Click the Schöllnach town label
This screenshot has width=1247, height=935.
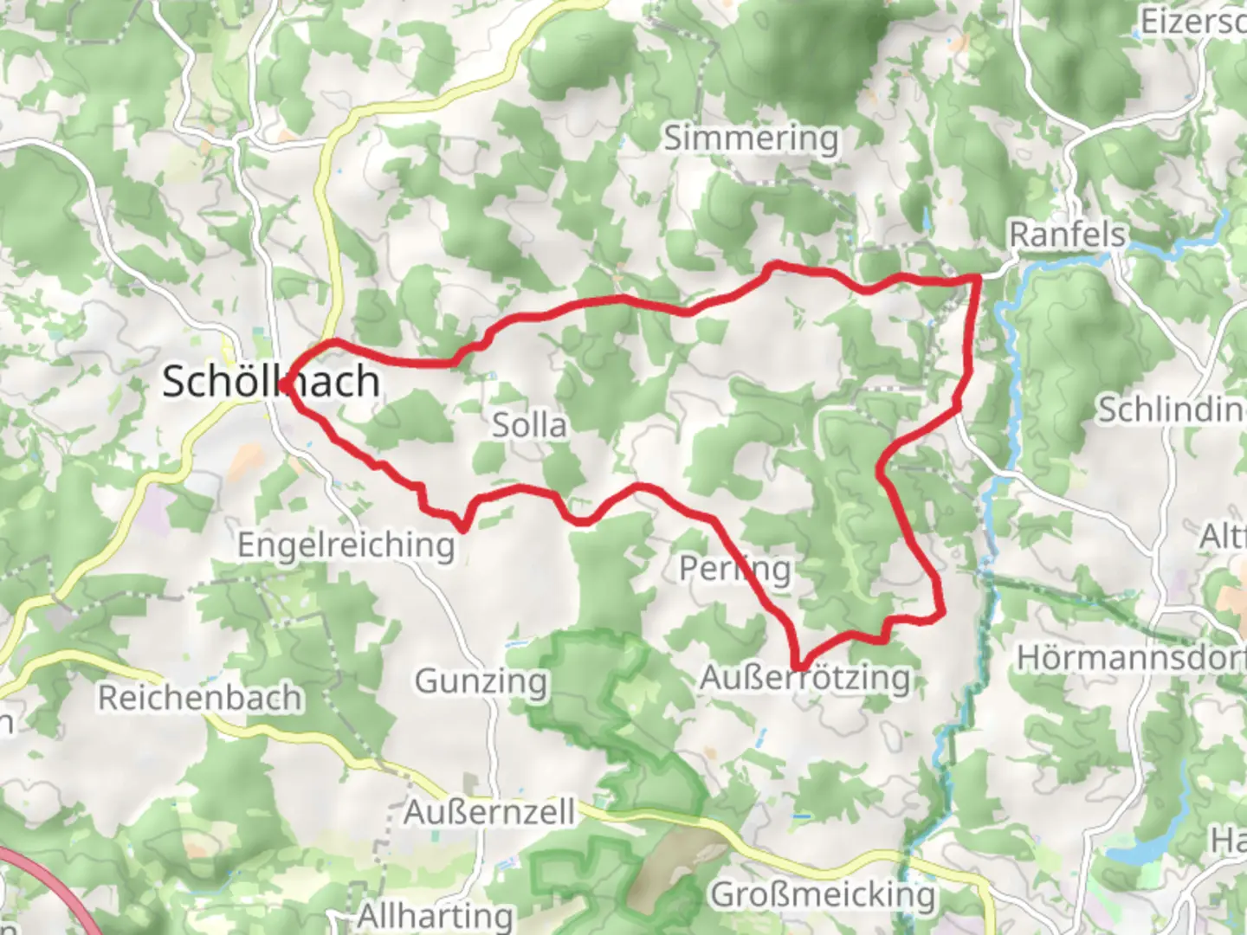point(270,382)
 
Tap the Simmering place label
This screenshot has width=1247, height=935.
point(751,138)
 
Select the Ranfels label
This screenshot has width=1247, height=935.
point(1067,234)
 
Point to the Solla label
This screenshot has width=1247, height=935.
point(529,425)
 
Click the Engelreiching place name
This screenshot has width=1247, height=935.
point(346,545)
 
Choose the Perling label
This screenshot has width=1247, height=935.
point(734,569)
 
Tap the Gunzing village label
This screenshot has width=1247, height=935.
point(481,681)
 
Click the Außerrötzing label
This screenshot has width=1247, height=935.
point(804,678)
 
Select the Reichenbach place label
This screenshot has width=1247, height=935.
point(200,698)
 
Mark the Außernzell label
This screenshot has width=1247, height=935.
point(489,812)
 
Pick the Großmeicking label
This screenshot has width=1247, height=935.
point(823,894)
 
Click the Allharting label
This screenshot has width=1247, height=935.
point(435,916)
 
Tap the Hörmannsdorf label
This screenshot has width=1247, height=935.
point(1131,658)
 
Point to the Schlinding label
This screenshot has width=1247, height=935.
point(1171,409)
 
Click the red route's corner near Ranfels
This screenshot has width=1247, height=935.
point(979,277)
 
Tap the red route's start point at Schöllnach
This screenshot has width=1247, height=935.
point(286,381)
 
